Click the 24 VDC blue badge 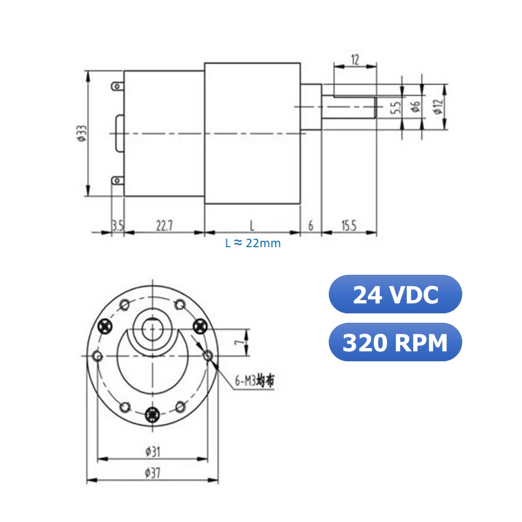[395, 295]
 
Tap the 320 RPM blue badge [395, 342]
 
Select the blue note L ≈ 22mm [253, 243]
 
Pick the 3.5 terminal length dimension [118, 226]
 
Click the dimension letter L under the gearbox [252, 226]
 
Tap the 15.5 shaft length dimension [348, 226]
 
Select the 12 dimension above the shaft [355, 60]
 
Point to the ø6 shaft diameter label [415, 106]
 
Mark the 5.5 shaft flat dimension [395, 108]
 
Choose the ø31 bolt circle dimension [152, 451]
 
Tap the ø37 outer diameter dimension [152, 473]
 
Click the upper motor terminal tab [117, 87]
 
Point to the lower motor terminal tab [117, 180]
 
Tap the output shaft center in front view [153, 329]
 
